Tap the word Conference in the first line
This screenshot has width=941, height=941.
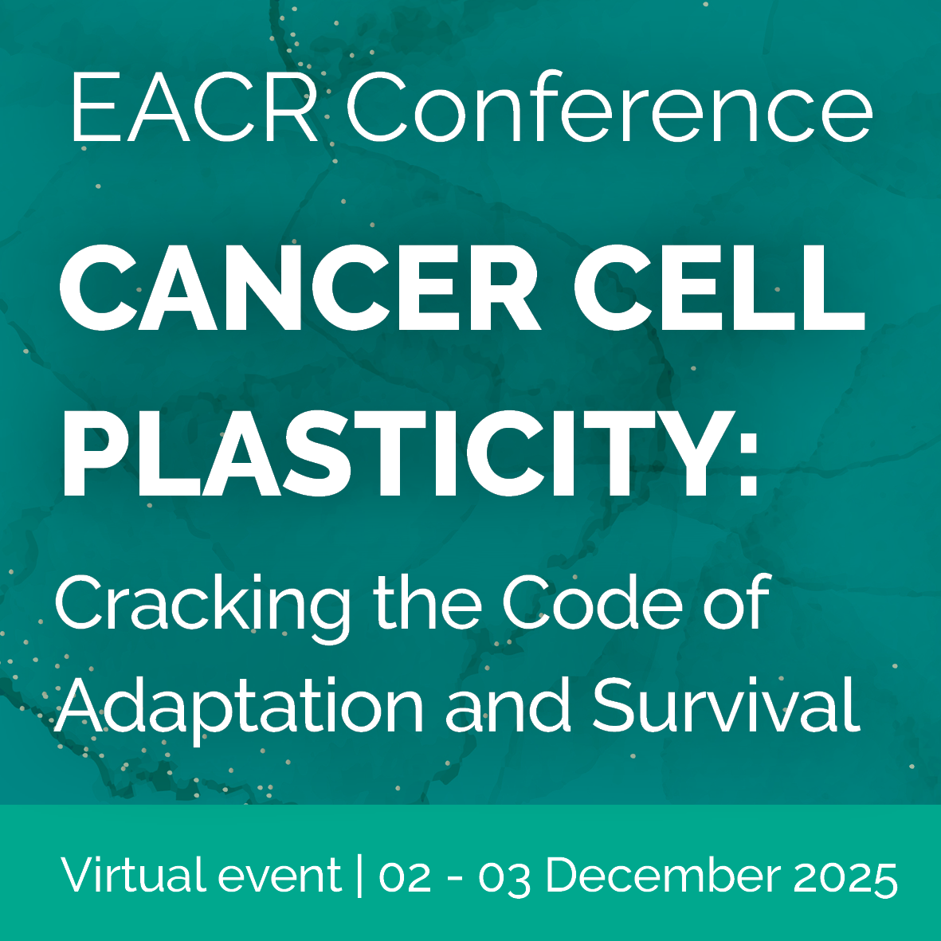point(609,106)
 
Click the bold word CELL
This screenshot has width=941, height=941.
point(719,288)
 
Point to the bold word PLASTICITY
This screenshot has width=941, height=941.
point(399,453)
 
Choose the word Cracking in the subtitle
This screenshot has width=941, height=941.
point(203,607)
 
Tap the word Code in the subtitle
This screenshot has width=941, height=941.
point(592,602)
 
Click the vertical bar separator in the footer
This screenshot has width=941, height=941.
point(359,876)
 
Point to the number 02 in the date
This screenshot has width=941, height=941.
point(405,877)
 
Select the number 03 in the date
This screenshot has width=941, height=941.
point(504,878)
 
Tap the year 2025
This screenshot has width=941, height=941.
point(845,878)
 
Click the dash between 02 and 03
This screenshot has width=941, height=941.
point(455,880)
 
